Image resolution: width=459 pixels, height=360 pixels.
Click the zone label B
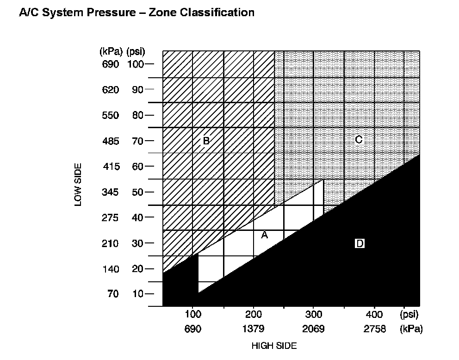206,141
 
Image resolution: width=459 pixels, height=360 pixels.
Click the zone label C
358,139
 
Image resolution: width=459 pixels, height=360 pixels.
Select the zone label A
265,235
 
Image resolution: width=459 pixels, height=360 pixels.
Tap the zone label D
360,243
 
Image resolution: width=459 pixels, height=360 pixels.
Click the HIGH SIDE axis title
274,346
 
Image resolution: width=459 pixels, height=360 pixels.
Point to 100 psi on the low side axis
136,64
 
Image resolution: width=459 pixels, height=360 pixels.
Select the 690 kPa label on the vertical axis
111,64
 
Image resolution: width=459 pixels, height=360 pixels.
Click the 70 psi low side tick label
137,141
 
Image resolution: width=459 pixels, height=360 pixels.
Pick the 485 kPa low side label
111,141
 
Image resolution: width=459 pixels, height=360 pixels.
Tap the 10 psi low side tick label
137,294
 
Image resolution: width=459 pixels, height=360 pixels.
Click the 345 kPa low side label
111,192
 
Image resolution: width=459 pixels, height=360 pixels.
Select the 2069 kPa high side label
313,329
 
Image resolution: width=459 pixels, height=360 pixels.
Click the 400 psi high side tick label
374,315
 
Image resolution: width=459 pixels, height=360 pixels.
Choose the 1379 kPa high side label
253,329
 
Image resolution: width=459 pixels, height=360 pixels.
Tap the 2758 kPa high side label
374,329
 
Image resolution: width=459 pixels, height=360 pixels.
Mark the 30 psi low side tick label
137,243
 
